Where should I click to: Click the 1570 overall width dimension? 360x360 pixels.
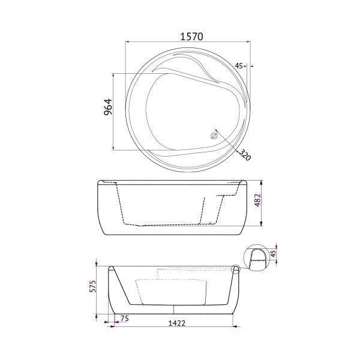pos(191,36)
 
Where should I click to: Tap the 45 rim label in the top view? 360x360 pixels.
pos(239,65)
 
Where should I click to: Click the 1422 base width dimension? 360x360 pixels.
pos(176,323)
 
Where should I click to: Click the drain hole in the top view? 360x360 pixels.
pos(214,136)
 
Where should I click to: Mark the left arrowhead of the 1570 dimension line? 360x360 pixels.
pos(127,42)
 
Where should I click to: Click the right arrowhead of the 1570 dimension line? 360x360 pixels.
pos(253,42)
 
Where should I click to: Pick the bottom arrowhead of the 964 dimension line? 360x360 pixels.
pos(113,148)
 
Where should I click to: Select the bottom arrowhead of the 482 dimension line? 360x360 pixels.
pos(263,226)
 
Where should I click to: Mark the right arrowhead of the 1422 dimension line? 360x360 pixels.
pos(233,328)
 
